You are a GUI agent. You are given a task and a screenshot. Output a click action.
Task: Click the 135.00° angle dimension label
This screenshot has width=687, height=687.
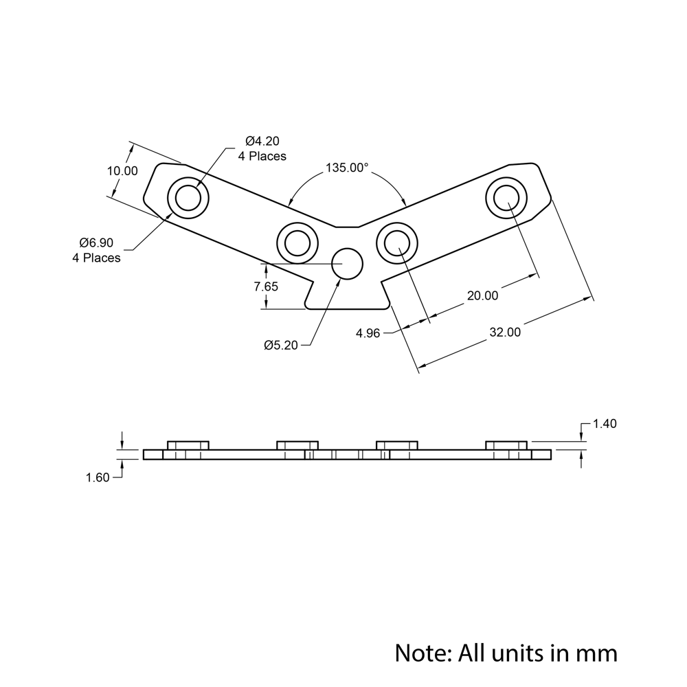(x=347, y=168)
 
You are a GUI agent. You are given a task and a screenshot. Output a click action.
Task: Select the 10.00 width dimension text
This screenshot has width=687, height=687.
(x=122, y=171)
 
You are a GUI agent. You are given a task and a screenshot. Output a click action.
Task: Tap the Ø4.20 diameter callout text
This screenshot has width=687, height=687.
(x=262, y=142)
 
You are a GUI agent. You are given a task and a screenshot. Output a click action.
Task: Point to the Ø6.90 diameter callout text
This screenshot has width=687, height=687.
(x=96, y=243)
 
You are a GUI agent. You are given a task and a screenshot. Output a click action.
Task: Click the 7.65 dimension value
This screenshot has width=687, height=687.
(x=266, y=286)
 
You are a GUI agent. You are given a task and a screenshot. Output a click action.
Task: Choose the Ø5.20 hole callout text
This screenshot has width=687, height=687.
(x=281, y=346)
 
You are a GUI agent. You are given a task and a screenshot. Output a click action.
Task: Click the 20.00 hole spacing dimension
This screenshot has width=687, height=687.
(x=482, y=295)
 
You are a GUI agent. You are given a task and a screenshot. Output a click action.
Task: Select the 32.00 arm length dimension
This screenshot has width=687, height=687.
(x=505, y=332)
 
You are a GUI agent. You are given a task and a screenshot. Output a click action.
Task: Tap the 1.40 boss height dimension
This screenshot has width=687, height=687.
(x=604, y=424)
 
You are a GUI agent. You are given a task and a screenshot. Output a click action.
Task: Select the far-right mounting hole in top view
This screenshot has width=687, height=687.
(x=506, y=197)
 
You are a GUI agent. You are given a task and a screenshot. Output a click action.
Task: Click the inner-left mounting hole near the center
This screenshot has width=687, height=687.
(x=297, y=243)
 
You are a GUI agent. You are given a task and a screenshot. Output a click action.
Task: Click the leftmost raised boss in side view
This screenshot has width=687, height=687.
(x=188, y=445)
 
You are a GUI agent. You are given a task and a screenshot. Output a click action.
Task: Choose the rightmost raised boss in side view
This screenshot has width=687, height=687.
(x=507, y=445)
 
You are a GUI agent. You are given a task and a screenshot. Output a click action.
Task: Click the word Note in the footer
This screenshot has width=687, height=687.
(x=420, y=651)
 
